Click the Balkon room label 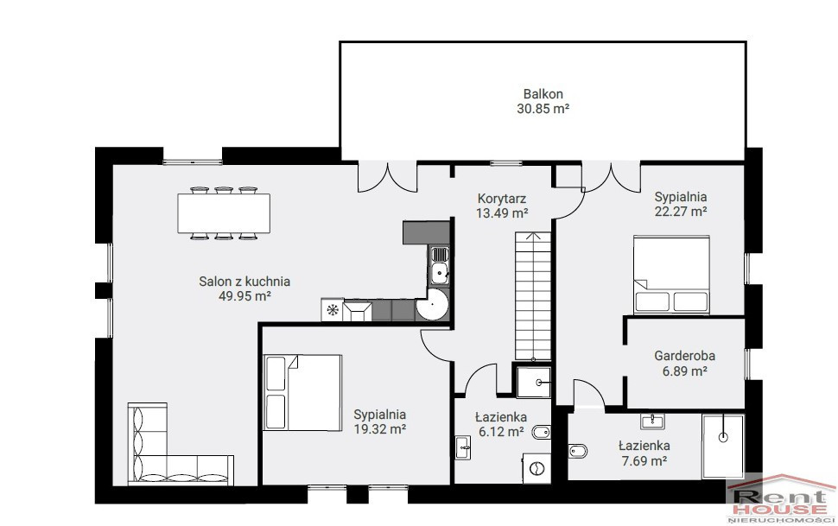click(x=543, y=94)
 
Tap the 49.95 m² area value click(x=244, y=296)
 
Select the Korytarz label click(x=502, y=199)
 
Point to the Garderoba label click(x=684, y=356)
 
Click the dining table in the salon click(x=224, y=213)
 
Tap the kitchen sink click(x=440, y=265)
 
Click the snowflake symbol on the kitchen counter click(x=333, y=309)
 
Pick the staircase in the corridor click(x=533, y=295)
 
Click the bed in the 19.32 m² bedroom click(x=302, y=392)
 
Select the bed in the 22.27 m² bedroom click(x=671, y=275)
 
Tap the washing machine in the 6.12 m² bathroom click(x=536, y=468)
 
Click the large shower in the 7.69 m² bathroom click(x=723, y=447)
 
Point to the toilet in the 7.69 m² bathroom click(x=578, y=451)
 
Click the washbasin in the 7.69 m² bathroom click(x=652, y=421)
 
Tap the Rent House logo click(x=780, y=498)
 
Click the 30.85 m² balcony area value click(x=543, y=109)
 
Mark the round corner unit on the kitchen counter click(x=432, y=305)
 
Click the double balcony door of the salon click(x=387, y=176)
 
